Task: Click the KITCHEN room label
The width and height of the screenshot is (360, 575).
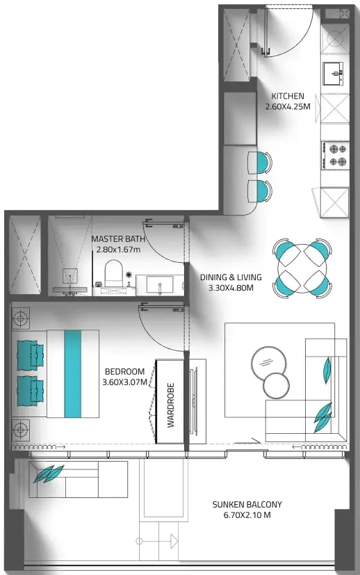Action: (288, 96)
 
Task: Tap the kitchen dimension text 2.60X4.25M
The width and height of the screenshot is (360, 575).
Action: (288, 106)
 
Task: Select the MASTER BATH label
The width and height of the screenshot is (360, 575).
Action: (118, 239)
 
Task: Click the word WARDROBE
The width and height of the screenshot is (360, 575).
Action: (171, 405)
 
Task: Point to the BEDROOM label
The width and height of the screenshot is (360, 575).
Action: (124, 371)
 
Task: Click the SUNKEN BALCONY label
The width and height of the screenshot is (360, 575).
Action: (247, 505)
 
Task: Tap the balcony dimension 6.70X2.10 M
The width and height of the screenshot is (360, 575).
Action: (247, 515)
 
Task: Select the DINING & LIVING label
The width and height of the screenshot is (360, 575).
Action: (231, 277)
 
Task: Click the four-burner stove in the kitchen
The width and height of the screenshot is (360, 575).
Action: (335, 156)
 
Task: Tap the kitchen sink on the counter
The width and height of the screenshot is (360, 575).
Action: (334, 73)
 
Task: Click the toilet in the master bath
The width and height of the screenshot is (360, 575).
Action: (113, 273)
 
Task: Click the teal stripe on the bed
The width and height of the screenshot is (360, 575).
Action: (72, 373)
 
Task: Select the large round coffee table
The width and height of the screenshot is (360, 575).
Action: (266, 362)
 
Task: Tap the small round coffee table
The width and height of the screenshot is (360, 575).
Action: (277, 385)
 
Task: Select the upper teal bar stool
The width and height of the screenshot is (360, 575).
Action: (261, 163)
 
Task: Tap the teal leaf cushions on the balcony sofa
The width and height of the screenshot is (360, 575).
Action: (49, 473)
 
